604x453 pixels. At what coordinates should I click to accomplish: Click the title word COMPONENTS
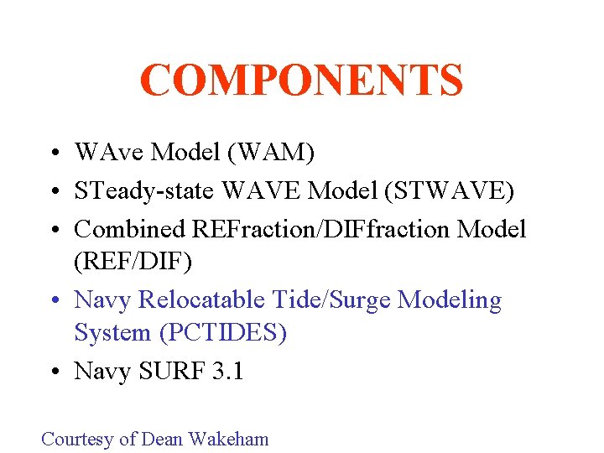301,81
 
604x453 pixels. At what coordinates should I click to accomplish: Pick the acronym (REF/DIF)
133,263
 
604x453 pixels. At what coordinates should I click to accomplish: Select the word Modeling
450,299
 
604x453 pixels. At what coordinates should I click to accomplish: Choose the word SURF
169,371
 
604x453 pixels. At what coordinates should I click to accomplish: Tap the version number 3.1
225,371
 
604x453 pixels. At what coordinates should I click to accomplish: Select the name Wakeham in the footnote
228,439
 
